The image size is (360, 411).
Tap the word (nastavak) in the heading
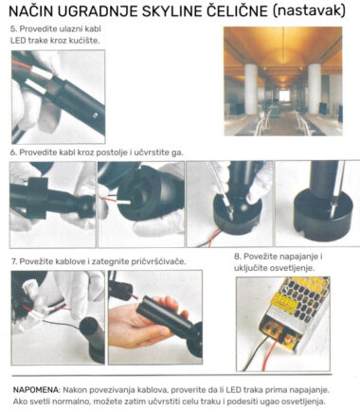point(309,11)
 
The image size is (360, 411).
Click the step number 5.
point(13,28)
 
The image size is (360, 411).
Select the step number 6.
point(13,152)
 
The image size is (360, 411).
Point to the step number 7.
point(14,261)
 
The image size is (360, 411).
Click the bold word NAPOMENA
point(36,390)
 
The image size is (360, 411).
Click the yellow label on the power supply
point(284,301)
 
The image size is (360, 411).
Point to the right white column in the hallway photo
point(315,88)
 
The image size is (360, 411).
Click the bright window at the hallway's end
point(282,95)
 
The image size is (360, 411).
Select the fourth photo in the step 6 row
point(317,204)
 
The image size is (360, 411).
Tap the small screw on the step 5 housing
point(95,116)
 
